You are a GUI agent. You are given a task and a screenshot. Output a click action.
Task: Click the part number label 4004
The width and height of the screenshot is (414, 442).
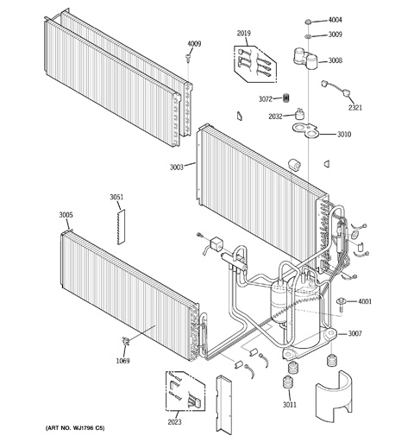335,20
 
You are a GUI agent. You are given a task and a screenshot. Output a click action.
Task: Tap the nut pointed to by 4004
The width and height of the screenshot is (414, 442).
308,22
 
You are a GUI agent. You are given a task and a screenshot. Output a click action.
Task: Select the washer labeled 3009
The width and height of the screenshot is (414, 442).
308,36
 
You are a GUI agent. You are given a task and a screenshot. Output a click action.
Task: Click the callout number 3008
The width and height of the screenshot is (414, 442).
335,60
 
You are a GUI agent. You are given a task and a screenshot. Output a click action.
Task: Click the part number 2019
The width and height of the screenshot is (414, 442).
243,33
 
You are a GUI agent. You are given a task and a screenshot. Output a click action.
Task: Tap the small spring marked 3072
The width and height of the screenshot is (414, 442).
285,98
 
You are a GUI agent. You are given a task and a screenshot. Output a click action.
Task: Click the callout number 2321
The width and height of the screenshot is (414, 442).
355,108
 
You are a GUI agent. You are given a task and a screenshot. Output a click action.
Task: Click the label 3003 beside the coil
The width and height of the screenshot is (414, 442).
176,167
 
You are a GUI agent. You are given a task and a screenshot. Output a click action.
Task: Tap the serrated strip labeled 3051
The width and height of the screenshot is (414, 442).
122,227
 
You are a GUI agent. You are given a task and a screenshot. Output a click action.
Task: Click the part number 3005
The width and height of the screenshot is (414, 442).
66,215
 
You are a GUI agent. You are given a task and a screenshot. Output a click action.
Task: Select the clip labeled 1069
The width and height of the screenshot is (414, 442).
126,341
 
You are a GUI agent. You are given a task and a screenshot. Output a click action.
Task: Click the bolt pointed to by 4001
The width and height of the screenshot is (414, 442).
341,304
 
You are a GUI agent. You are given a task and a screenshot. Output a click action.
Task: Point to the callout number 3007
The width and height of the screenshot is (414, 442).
355,333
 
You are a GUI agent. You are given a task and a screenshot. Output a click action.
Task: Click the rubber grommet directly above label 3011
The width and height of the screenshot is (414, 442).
289,382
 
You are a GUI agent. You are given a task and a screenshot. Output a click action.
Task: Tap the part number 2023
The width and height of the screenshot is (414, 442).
174,422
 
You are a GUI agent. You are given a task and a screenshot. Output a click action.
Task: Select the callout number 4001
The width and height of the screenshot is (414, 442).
365,301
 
